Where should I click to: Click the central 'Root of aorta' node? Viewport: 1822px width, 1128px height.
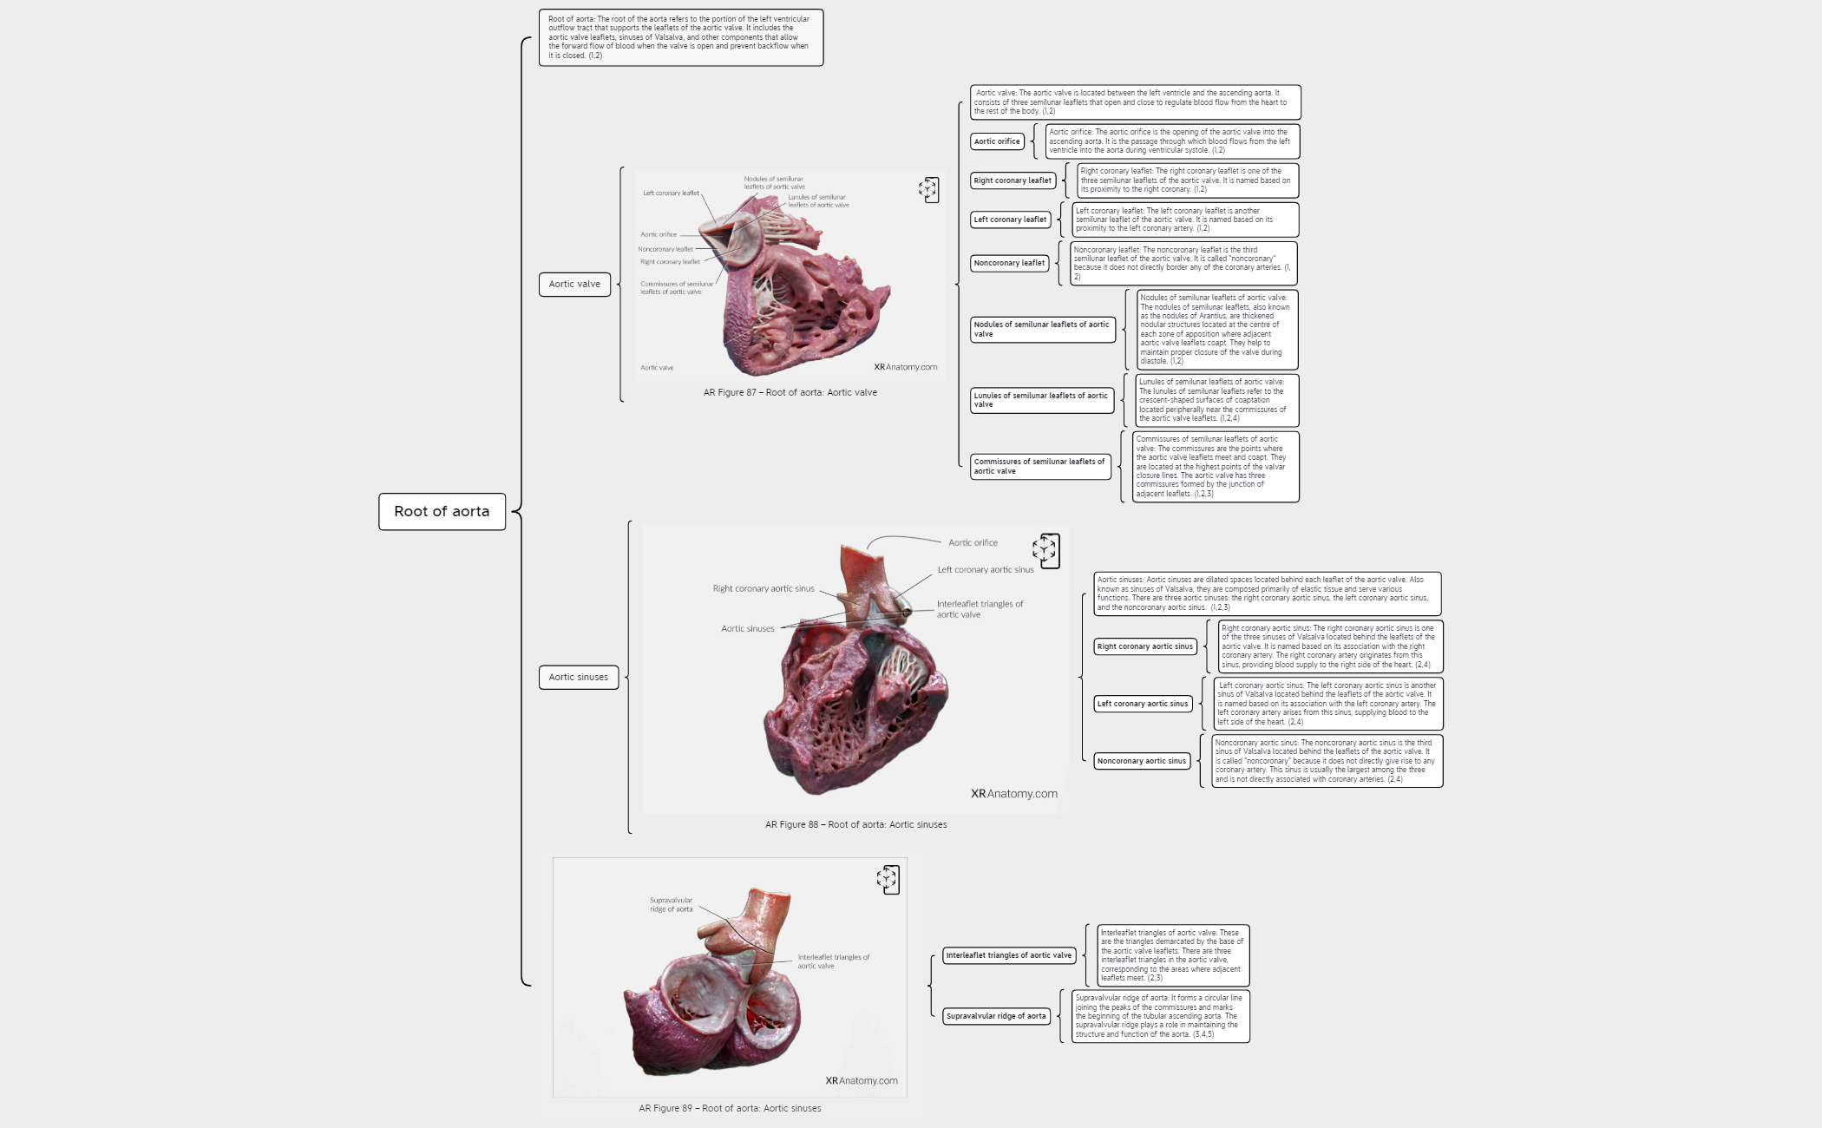[442, 512]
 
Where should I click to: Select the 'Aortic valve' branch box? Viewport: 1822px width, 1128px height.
[574, 284]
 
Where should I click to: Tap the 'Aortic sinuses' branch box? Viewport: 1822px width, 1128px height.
[578, 677]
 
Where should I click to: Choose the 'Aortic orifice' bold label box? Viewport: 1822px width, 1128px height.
[997, 141]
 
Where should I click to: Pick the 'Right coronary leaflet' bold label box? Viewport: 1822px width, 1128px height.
[1013, 180]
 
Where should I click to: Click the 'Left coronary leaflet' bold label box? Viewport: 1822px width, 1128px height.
[1010, 220]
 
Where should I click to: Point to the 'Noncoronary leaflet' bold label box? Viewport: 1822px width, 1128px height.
[1009, 263]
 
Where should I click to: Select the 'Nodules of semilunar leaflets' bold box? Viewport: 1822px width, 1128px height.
[1042, 329]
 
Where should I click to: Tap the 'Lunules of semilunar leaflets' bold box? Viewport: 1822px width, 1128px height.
[1041, 400]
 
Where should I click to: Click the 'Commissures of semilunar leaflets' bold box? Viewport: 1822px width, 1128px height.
[1039, 466]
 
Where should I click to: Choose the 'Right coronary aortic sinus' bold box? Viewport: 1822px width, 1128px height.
[1145, 646]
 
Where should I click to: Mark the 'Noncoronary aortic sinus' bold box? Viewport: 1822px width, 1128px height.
[1142, 761]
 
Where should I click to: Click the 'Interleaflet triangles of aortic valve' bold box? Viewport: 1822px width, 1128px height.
[1009, 955]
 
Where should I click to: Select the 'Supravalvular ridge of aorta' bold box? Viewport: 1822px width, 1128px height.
[996, 1016]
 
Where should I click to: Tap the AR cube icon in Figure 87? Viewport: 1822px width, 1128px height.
[928, 190]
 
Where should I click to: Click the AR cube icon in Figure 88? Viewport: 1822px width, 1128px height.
[1046, 550]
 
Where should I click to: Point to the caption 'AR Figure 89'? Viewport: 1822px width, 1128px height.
[730, 1108]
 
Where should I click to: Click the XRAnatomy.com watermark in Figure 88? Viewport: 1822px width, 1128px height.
[1013, 793]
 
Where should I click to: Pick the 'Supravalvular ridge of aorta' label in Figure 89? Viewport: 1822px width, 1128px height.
[672, 905]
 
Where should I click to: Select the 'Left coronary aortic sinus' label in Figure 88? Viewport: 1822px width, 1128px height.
[986, 570]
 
